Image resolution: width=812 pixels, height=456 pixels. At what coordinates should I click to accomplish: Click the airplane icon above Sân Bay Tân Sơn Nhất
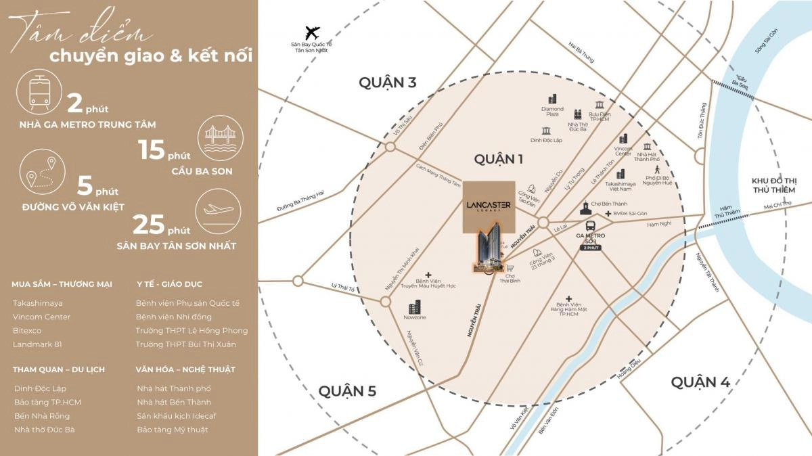pyautogui.click(x=312, y=32)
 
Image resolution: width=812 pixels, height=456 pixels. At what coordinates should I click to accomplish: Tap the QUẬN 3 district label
pyautogui.click(x=387, y=83)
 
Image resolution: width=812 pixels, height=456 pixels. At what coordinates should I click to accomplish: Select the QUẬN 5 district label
pyautogui.click(x=347, y=390)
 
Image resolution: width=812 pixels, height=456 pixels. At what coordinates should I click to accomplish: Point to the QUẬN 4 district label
pyautogui.click(x=700, y=382)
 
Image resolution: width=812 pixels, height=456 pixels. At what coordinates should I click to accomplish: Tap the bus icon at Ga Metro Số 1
pyautogui.click(x=590, y=225)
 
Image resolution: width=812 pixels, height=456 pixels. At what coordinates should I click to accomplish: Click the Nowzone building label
pyautogui.click(x=414, y=317)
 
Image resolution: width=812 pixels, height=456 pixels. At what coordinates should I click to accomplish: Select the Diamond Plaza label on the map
pyautogui.click(x=552, y=112)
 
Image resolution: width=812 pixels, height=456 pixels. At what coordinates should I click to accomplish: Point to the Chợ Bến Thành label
pyautogui.click(x=606, y=203)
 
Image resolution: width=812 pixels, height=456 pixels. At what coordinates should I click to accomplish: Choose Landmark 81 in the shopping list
pyautogui.click(x=37, y=344)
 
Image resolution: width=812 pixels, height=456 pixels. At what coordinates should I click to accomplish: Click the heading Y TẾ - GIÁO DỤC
pyautogui.click(x=169, y=284)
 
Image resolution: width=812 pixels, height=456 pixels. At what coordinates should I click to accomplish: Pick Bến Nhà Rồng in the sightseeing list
pyautogui.click(x=41, y=416)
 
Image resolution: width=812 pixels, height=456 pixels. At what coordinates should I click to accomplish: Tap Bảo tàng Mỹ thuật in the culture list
pyautogui.click(x=172, y=430)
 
